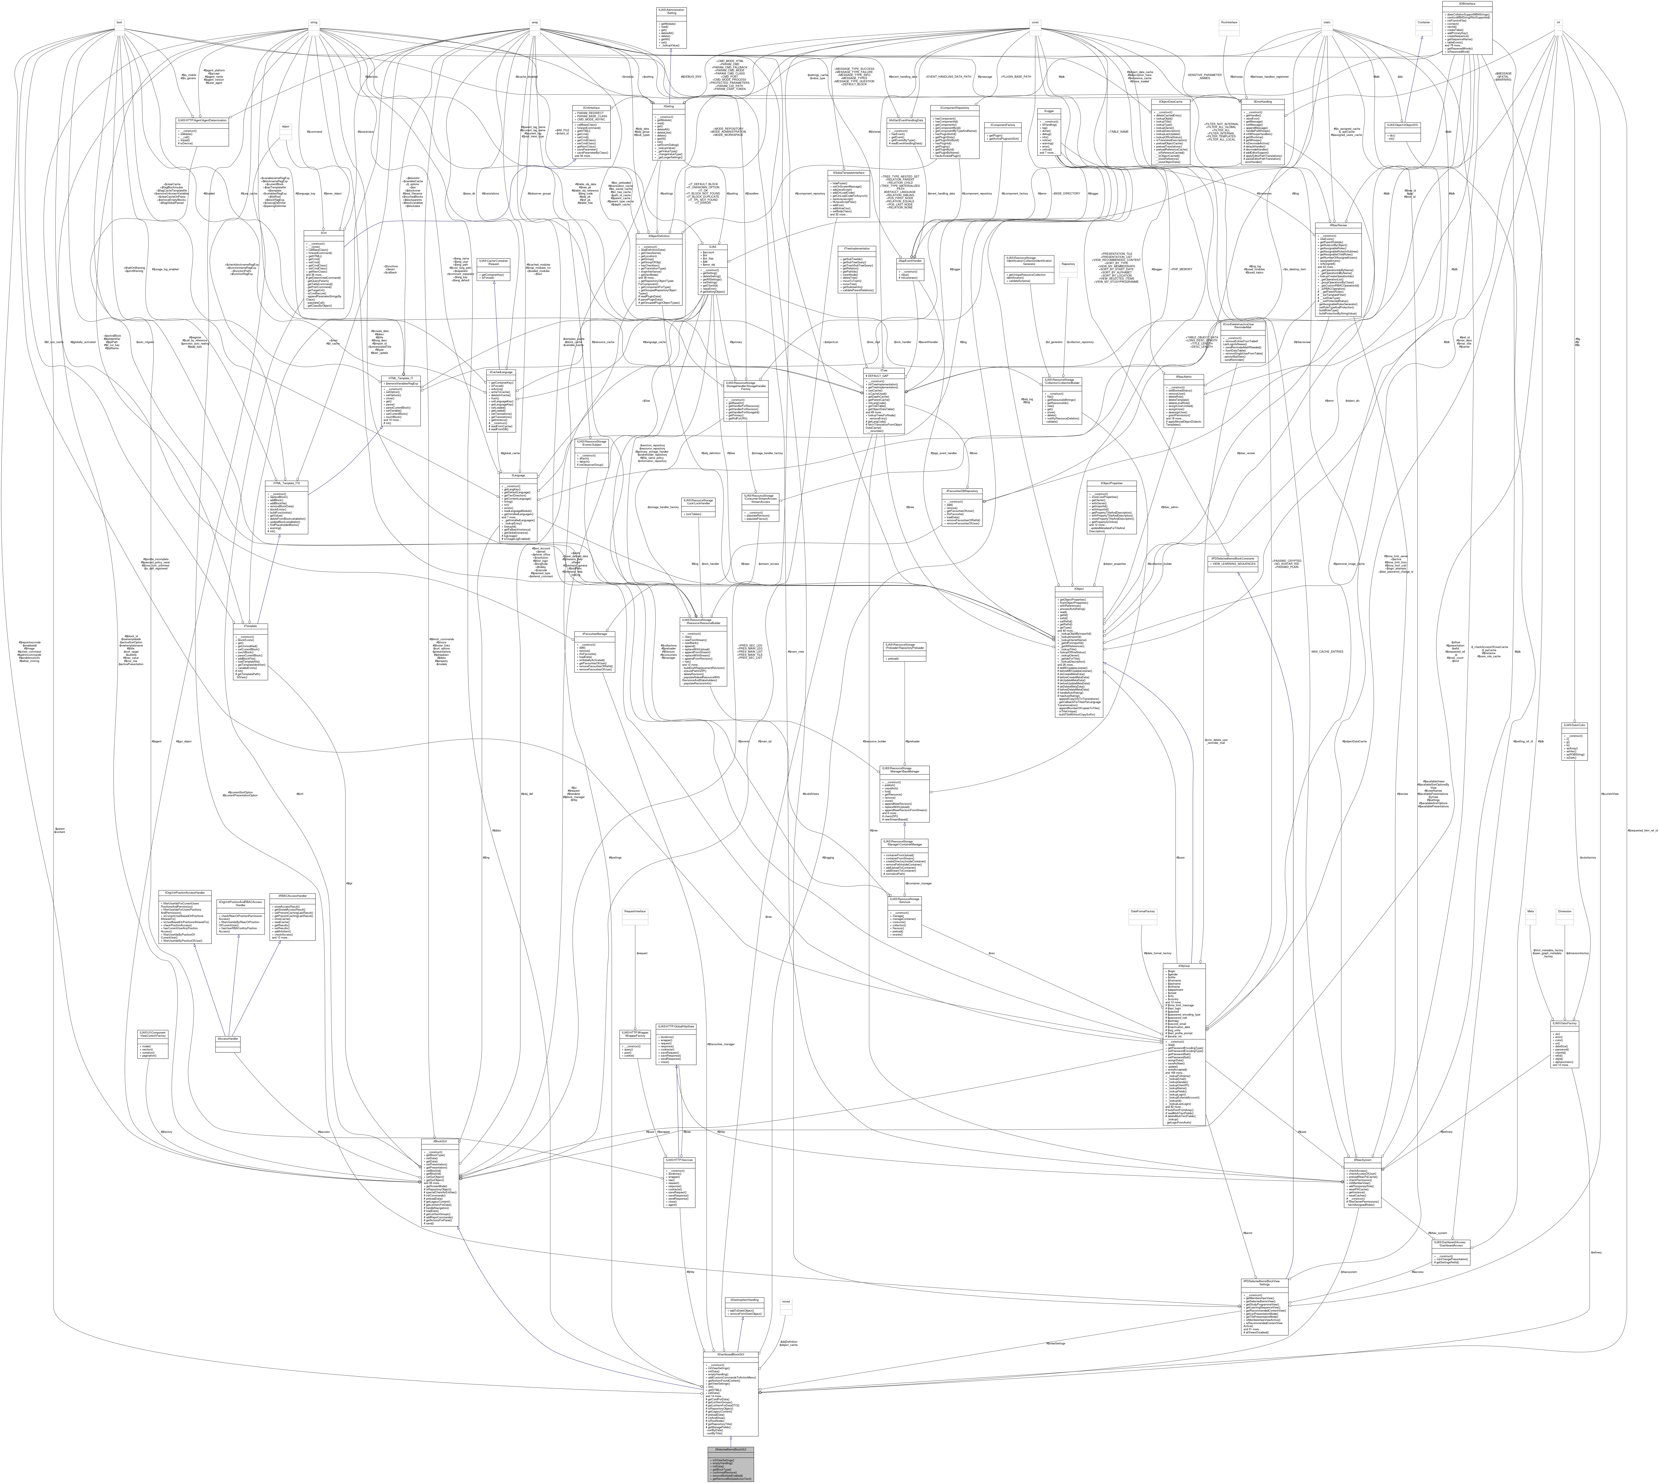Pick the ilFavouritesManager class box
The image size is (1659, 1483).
pos(595,633)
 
